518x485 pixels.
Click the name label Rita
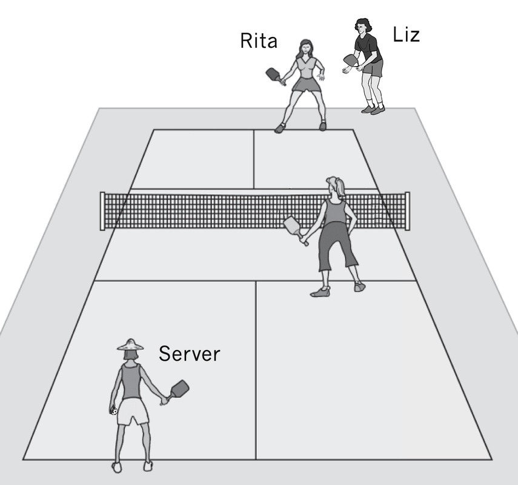(259, 41)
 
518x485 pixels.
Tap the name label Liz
(406, 35)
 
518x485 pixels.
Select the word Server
(189, 353)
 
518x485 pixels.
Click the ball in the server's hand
(113, 411)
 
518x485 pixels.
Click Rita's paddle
(273, 74)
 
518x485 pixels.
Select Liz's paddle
(350, 59)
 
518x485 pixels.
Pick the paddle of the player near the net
(293, 226)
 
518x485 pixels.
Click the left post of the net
(102, 210)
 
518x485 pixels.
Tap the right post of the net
(407, 210)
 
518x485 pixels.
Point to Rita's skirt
(307, 84)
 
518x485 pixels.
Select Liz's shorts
(373, 69)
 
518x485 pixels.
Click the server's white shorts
(133, 412)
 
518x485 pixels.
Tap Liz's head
(362, 26)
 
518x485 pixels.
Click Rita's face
(305, 48)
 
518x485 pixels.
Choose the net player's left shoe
(320, 292)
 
